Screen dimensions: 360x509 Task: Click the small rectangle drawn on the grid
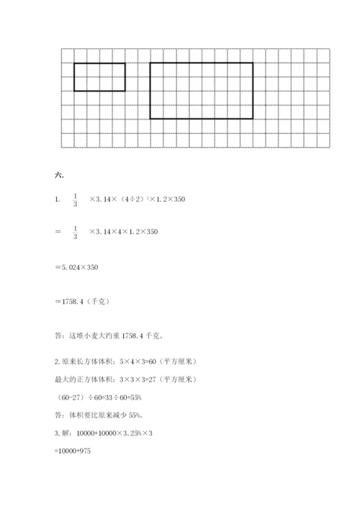99,77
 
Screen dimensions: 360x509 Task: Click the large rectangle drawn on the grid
202,90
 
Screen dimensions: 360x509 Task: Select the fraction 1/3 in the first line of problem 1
75,199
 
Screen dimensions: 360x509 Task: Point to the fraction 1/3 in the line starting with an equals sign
75,232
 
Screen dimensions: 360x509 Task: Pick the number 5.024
71,267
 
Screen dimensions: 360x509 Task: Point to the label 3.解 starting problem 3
65,432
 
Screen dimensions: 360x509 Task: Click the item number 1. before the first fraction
57,199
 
